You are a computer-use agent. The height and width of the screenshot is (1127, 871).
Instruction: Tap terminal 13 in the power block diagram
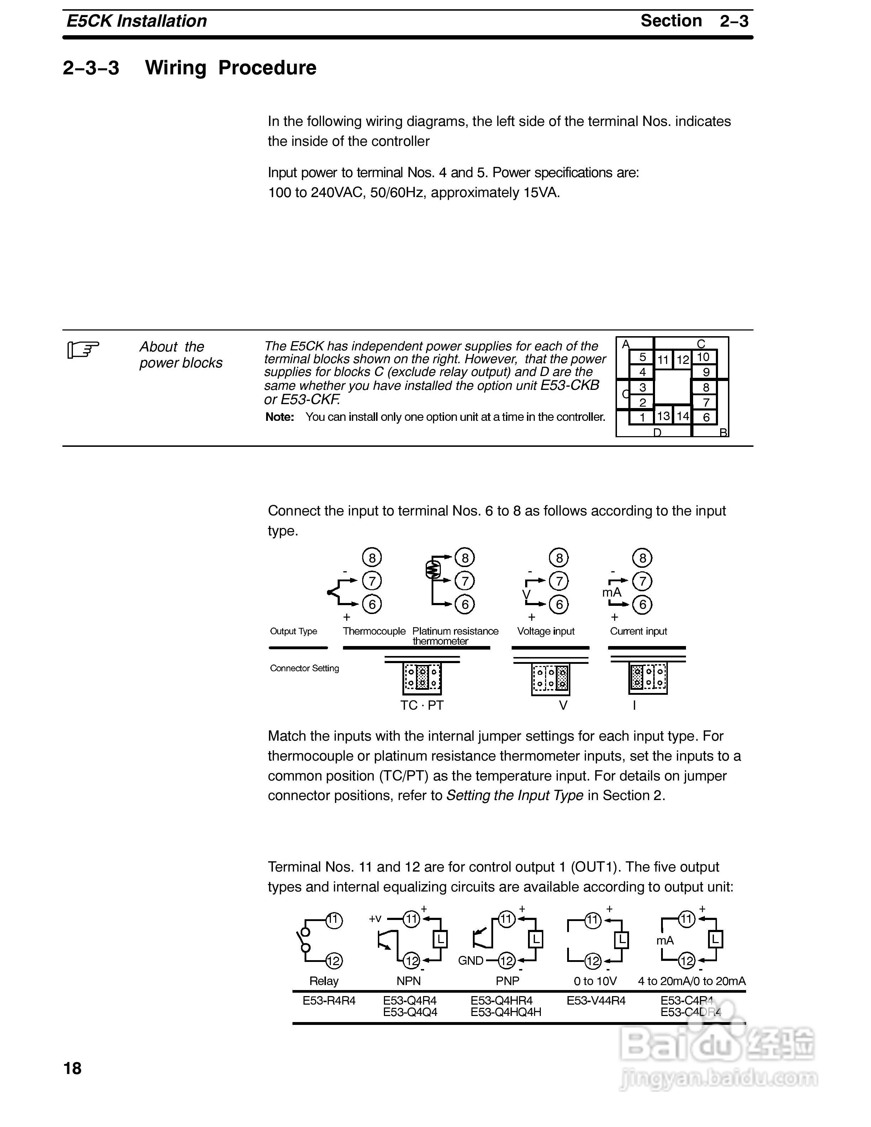[664, 416]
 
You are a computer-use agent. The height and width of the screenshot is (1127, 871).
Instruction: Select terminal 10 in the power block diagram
[703, 357]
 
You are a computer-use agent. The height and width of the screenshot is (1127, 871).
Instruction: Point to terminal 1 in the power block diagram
[643, 417]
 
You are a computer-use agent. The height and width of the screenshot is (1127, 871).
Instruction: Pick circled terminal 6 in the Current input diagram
[643, 604]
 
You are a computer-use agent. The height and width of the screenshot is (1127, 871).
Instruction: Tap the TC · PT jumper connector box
[422, 678]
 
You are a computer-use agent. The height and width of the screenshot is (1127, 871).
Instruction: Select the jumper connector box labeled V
[550, 678]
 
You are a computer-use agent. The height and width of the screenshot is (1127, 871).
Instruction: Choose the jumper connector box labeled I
[648, 678]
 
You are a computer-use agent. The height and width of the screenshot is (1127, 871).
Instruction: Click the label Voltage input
[545, 631]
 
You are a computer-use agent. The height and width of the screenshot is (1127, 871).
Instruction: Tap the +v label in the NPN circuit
[375, 918]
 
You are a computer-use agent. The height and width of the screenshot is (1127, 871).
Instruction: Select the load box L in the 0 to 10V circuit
[622, 940]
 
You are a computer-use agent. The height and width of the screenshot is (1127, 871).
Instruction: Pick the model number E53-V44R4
[596, 1001]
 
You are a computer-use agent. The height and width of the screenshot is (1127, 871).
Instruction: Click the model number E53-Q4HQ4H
[506, 1012]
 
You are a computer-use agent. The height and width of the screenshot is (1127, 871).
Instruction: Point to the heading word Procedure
[267, 68]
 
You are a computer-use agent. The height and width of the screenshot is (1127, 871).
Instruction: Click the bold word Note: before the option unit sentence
[280, 417]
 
